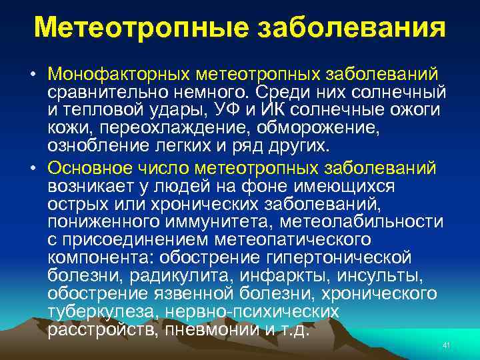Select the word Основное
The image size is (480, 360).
(x=89, y=169)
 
